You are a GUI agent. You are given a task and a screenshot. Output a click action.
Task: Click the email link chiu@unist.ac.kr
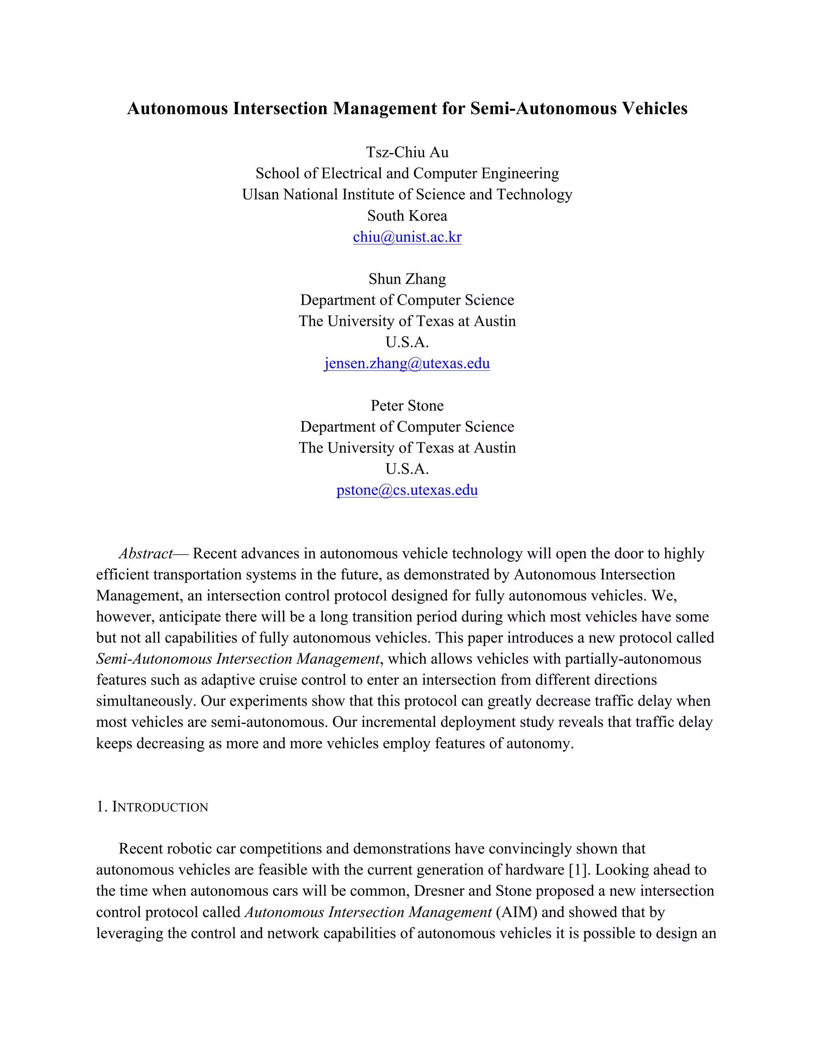point(407,237)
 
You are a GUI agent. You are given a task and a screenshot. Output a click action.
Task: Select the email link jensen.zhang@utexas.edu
point(407,363)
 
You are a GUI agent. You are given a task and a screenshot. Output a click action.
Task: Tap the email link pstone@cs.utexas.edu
point(407,490)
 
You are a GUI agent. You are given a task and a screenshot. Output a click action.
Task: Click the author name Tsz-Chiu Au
point(407,152)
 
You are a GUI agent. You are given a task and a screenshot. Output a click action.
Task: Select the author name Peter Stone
point(407,405)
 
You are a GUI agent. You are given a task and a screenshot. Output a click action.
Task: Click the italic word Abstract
point(145,554)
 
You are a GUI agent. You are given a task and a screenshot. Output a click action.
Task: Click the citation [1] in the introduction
point(579,870)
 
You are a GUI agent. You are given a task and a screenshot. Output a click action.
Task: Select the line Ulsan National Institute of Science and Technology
point(407,194)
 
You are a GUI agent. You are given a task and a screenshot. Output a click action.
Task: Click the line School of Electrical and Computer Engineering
point(407,173)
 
